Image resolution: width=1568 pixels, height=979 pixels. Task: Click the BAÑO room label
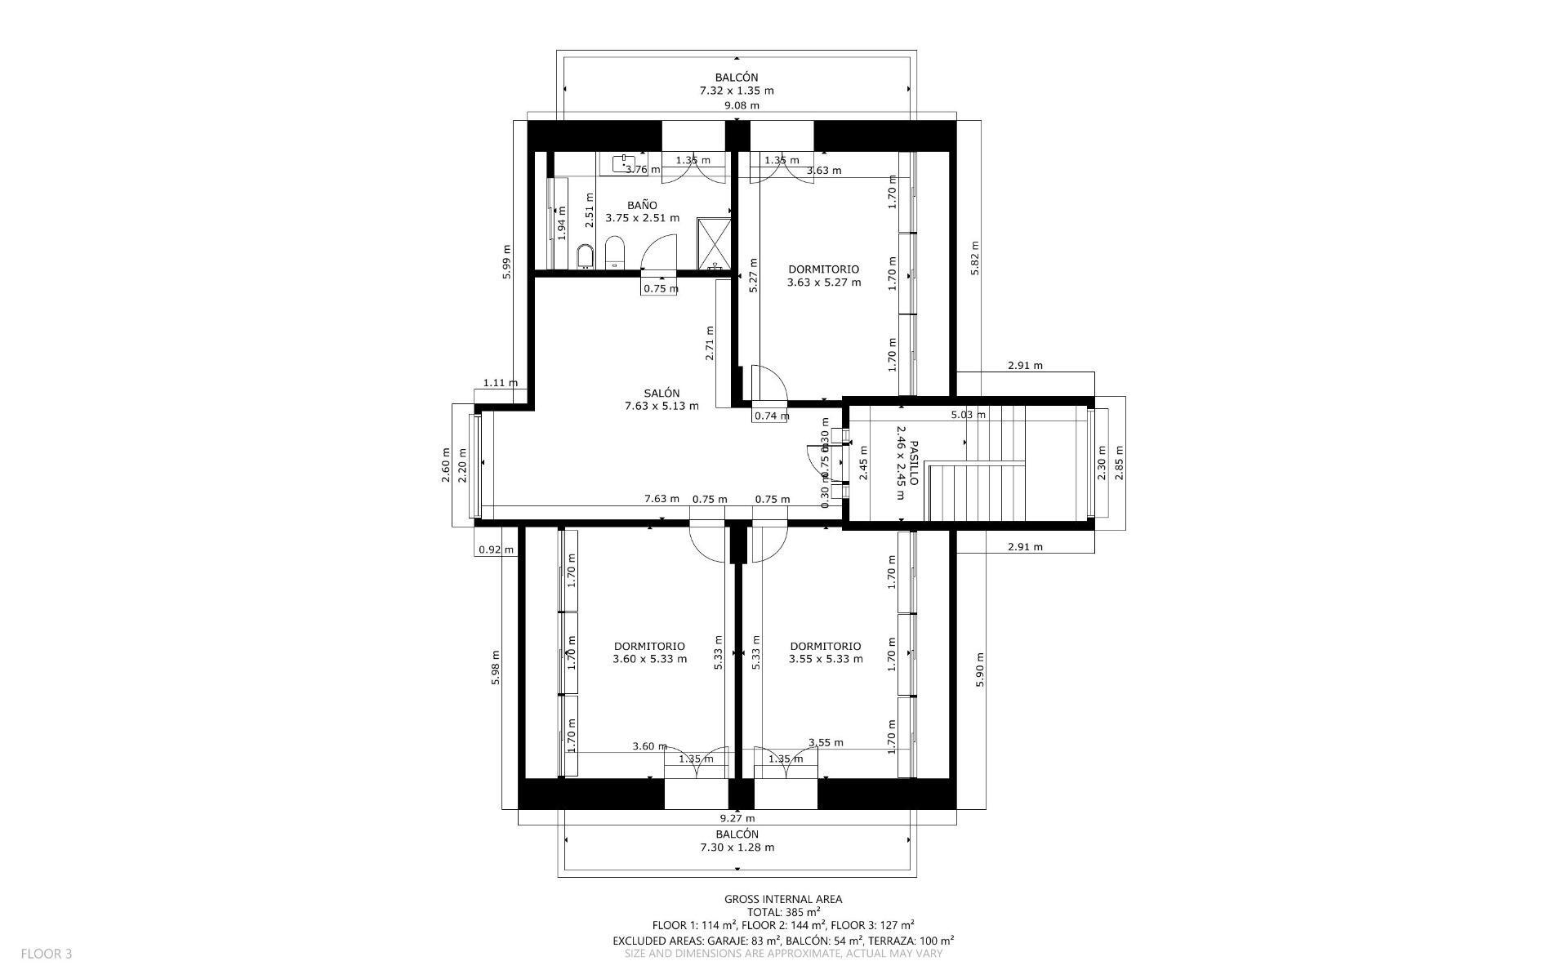(x=642, y=211)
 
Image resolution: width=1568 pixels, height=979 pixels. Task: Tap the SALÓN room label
(x=661, y=399)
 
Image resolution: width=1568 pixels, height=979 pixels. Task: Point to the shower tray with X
(x=715, y=243)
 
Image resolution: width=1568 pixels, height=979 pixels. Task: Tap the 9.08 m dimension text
(x=742, y=105)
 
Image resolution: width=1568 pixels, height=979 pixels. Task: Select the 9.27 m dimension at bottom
(x=737, y=817)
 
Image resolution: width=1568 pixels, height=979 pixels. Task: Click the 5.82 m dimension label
(x=974, y=257)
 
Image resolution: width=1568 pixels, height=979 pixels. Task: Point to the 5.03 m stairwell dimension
(x=968, y=415)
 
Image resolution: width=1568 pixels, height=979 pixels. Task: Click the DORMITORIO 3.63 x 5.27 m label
(x=823, y=276)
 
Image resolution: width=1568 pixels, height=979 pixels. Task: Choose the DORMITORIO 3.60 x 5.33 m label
(x=649, y=652)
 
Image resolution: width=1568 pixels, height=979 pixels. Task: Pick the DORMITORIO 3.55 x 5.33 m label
(x=826, y=652)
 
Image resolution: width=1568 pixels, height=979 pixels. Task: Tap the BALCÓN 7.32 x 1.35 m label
(x=737, y=84)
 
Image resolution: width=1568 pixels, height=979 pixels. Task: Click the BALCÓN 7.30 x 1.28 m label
(x=737, y=840)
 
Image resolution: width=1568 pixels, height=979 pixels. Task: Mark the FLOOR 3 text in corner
(x=47, y=953)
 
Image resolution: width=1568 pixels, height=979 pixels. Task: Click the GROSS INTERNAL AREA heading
(x=783, y=899)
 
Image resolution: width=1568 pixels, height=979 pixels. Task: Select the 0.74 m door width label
(x=771, y=416)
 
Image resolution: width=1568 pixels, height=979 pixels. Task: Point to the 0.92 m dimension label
(x=496, y=550)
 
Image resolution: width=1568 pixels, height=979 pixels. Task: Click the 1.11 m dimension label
(x=500, y=382)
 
